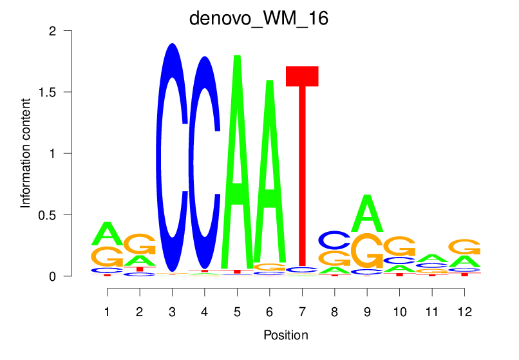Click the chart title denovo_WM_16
[259, 18]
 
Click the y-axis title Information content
[26, 153]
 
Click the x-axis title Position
[285, 335]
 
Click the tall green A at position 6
[270, 174]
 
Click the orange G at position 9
[367, 251]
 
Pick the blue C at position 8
[334, 240]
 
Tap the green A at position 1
[107, 234]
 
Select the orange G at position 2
[139, 244]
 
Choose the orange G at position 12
[464, 247]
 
